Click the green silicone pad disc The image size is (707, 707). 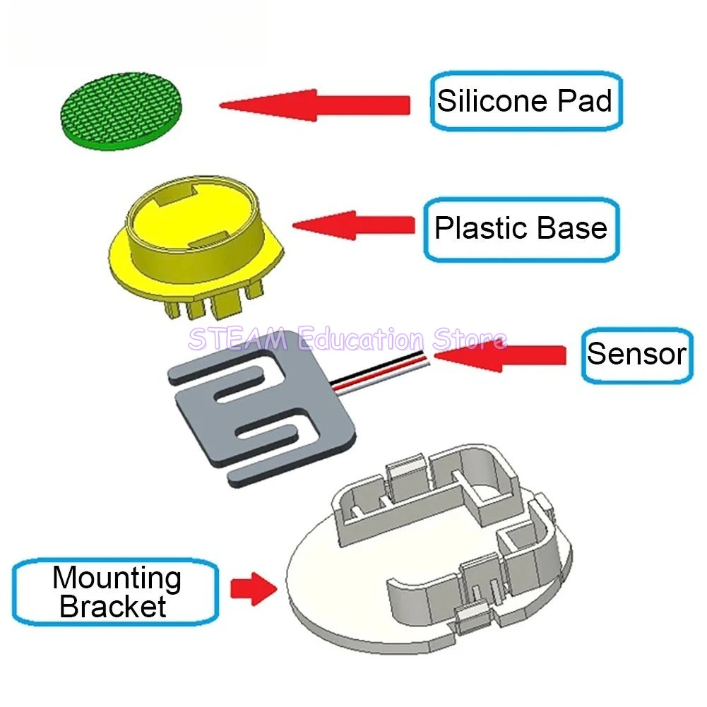(x=121, y=110)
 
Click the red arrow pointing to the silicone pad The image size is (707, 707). (x=315, y=105)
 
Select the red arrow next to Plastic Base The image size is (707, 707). (x=354, y=225)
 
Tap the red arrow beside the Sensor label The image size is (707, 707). (x=499, y=355)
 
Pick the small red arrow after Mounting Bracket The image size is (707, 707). (x=254, y=589)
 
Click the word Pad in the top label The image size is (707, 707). (x=585, y=100)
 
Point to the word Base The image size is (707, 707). (x=572, y=228)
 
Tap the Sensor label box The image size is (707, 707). (x=637, y=355)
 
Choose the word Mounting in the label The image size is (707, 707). (x=117, y=578)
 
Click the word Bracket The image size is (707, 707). (x=113, y=607)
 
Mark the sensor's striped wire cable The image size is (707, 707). (x=379, y=371)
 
